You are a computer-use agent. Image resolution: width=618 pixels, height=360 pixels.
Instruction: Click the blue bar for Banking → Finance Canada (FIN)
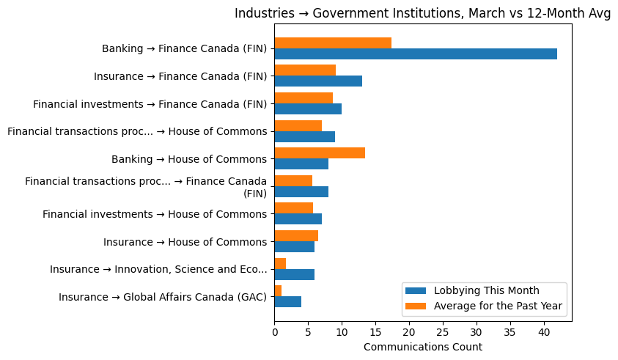415,54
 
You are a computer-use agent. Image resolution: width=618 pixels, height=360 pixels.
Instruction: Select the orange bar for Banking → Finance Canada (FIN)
333,43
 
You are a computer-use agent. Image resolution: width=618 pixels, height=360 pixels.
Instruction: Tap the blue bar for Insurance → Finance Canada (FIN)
318,81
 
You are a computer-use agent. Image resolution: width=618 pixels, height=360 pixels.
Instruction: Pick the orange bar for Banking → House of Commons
320,153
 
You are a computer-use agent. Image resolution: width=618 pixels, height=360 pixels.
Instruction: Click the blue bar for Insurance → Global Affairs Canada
287,301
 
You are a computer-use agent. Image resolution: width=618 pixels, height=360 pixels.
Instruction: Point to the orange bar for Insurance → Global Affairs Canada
278,291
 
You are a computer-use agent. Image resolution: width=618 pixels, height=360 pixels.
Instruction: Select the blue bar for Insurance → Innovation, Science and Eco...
294,274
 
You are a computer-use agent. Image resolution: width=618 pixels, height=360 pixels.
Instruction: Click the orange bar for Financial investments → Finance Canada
304,98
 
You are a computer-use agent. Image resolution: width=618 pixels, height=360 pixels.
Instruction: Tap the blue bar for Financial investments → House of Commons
298,218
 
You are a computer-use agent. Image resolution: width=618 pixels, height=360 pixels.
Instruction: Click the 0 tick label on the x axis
274,332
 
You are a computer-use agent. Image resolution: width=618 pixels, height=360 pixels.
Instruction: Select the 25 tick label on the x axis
443,332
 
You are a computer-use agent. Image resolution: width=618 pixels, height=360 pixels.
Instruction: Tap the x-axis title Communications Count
422,347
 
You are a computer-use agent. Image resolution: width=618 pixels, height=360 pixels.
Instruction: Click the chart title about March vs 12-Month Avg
422,14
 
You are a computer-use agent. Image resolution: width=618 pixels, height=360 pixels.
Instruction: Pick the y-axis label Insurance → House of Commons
185,242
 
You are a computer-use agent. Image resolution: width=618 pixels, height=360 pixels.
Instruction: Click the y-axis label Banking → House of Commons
188,159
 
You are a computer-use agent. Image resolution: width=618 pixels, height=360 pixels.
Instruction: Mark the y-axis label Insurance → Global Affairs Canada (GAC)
163,297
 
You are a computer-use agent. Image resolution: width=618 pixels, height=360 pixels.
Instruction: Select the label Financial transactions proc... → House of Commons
137,131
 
